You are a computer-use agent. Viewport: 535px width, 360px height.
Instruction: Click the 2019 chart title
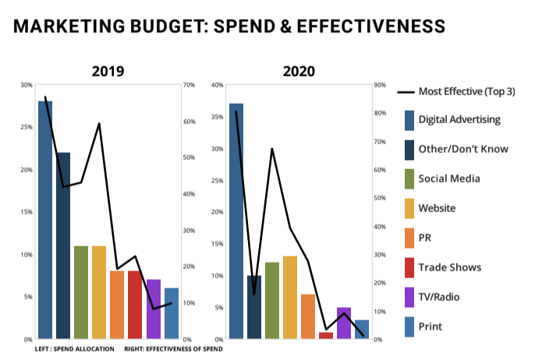pos(108,71)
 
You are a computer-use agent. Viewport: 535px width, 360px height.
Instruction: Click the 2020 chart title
pos(299,71)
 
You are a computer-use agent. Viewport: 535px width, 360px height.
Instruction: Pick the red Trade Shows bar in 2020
pos(326,336)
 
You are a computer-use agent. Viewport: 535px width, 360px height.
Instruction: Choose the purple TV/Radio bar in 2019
pos(154,309)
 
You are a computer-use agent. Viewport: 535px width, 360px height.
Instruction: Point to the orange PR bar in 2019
pos(117,305)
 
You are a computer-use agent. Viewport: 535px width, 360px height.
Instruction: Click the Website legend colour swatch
pos(409,209)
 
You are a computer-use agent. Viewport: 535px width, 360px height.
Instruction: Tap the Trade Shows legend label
pos(450,267)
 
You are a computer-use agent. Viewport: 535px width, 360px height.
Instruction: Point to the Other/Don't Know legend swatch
pos(409,150)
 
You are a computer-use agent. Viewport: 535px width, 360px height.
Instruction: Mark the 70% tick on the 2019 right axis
pos(188,85)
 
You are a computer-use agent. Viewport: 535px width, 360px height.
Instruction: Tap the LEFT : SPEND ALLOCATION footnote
pos(75,348)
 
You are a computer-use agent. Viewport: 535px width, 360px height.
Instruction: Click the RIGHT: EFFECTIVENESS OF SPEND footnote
pos(174,348)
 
